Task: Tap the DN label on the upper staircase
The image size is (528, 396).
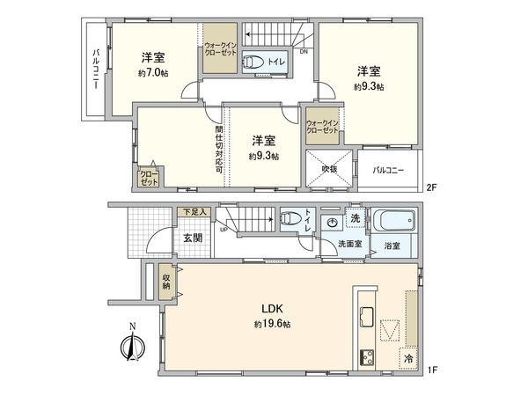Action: [304, 51]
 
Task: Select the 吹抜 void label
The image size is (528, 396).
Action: [329, 168]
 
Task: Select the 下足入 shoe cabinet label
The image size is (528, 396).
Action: [193, 212]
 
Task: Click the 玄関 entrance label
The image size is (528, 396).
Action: [194, 237]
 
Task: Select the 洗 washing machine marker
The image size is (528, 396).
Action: [355, 218]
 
